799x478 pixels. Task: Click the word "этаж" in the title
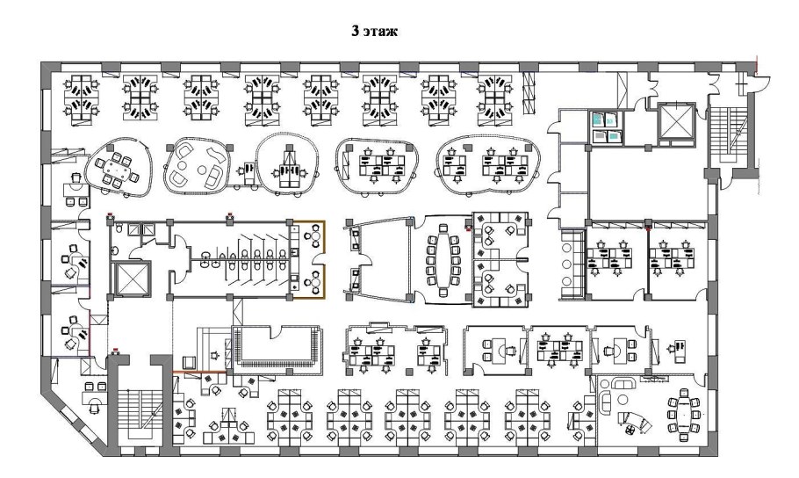point(381,31)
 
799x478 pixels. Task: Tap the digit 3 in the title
point(356,31)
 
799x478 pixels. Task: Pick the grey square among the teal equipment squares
point(599,135)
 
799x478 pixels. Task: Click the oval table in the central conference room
point(443,260)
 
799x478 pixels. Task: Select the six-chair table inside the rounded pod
point(115,169)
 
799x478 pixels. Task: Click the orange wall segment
point(199,373)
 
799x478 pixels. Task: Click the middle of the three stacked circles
point(565,264)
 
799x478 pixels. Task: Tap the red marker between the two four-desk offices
point(647,226)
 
